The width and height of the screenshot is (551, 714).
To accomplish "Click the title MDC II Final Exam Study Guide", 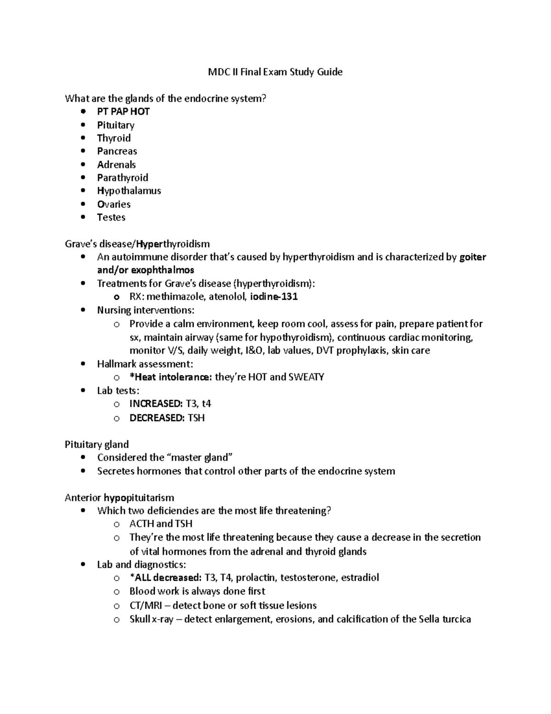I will click(275, 72).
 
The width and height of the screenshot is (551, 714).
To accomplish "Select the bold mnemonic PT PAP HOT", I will click(123, 112).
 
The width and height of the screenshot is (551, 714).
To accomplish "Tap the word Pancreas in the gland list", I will click(117, 151).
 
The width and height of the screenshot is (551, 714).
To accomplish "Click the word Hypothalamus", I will click(129, 191).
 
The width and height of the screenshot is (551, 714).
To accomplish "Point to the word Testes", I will click(111, 217).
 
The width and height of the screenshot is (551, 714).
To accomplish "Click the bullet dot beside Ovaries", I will click(83, 204).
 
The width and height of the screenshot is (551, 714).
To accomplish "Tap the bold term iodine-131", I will click(274, 297).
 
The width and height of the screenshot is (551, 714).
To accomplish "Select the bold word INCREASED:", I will click(156, 404).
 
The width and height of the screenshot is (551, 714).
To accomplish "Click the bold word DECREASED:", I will click(157, 418).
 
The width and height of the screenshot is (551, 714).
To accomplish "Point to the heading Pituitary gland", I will click(96, 445).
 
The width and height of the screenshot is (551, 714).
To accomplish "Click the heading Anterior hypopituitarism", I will click(119, 498).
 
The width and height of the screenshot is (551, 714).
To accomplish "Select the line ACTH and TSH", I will click(161, 524).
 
